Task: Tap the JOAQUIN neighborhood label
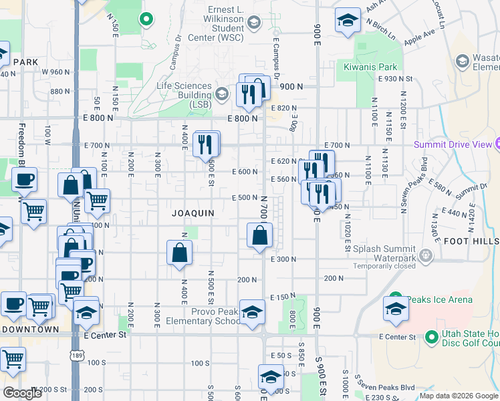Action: tap(193, 213)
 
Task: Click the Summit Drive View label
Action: tap(452, 144)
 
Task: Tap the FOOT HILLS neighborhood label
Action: tap(471, 241)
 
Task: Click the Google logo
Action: tap(22, 393)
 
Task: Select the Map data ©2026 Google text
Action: tap(458, 396)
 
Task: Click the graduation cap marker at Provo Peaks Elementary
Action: tap(252, 312)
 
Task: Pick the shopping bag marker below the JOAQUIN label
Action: tap(180, 253)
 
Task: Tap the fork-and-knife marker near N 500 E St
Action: tap(206, 144)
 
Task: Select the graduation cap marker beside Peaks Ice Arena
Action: tap(396, 309)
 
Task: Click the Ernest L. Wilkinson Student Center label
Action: tap(217, 23)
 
